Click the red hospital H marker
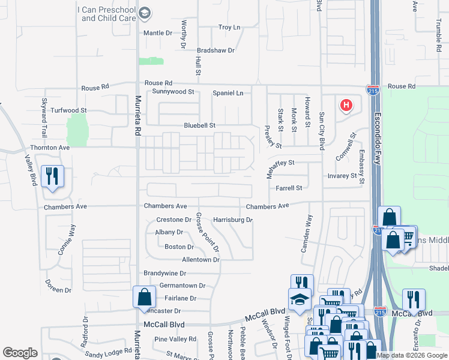346,106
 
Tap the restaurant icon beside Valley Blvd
52,176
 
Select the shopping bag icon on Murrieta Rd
144,297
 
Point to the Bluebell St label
199,125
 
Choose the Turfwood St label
68,110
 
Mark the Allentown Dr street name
200,260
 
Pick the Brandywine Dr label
166,273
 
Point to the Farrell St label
288,188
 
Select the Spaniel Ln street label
228,93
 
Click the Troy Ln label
229,28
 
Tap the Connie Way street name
67,240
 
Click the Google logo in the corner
20,353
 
